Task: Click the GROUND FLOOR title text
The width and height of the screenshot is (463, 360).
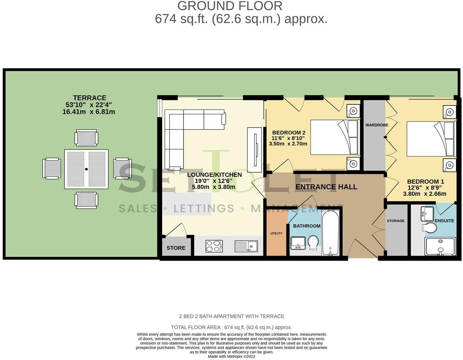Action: pos(230,6)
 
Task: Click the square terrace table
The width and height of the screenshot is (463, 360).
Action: pos(86,169)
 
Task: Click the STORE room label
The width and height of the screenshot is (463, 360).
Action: pos(176,248)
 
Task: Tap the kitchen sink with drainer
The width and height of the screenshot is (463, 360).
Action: pos(246,246)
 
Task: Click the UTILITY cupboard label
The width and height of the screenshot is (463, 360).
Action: pos(276,234)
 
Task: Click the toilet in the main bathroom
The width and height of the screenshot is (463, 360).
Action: pos(314,243)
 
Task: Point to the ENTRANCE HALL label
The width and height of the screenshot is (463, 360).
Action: pos(326,187)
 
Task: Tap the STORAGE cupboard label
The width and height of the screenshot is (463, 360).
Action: pos(396,221)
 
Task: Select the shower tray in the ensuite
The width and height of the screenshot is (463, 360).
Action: pos(441,247)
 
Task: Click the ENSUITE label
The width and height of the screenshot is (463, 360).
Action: pos(444,221)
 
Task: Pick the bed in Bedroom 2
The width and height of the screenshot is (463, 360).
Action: pos(334,137)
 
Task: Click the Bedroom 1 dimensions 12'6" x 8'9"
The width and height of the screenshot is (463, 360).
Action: pos(426,188)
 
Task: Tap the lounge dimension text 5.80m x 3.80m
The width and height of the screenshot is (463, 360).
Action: pos(213,187)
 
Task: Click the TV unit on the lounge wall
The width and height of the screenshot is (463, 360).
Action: pos(256,144)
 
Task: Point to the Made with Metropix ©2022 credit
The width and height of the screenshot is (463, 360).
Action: pos(231,356)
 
